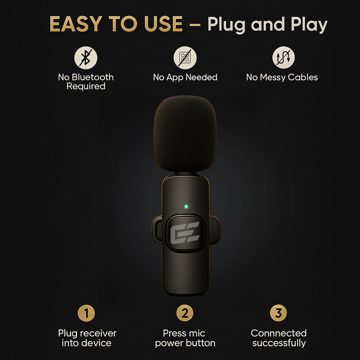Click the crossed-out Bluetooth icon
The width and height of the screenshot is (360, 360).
[x=86, y=58]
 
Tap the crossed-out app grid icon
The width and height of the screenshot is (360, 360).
[x=185, y=58]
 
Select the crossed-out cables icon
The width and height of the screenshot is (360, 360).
[x=284, y=57]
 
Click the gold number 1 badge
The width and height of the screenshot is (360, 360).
[x=86, y=313]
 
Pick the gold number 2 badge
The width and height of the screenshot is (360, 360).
[x=185, y=313]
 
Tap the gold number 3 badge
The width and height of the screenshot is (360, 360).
[x=278, y=313]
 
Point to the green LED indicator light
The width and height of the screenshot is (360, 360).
[x=186, y=207]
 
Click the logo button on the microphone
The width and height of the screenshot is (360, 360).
[x=185, y=233]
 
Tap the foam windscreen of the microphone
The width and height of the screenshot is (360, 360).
[x=185, y=134]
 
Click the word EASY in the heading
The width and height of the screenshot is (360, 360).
[x=76, y=24]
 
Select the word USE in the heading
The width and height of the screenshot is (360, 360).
[x=163, y=24]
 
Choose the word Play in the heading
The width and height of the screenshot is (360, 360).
[x=309, y=25]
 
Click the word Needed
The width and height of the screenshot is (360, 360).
[x=201, y=77]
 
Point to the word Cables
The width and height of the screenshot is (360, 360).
[x=303, y=77]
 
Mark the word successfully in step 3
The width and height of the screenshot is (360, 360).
[x=279, y=343]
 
